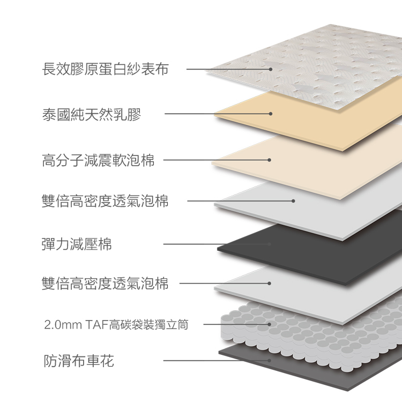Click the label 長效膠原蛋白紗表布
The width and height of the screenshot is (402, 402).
pyautogui.click(x=105, y=69)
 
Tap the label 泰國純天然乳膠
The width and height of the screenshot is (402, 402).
pyautogui.click(x=92, y=114)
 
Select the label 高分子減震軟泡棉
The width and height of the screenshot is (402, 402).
pyautogui.click(x=98, y=160)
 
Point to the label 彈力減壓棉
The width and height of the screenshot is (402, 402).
pyautogui.click(x=77, y=244)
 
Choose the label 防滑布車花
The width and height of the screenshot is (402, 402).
pyautogui.click(x=78, y=361)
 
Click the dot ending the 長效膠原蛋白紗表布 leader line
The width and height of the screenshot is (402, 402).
pyautogui.click(x=271, y=69)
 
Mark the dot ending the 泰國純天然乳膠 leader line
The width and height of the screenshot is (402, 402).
pyautogui.click(x=271, y=114)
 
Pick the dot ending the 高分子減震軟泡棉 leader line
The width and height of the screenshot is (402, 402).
pyautogui.click(x=270, y=160)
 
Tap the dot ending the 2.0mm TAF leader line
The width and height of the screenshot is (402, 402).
pyautogui.click(x=270, y=324)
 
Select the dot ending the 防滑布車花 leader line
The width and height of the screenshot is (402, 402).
pyautogui.click(x=270, y=360)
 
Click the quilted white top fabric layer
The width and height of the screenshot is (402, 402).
pyautogui.click(x=322, y=59)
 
